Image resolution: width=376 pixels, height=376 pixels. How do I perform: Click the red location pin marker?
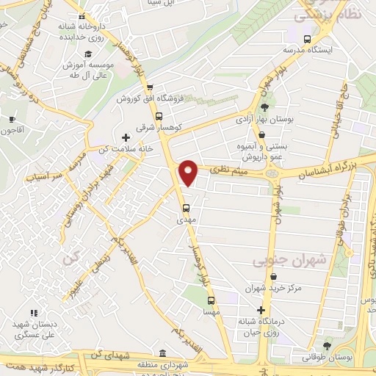click(x=189, y=172)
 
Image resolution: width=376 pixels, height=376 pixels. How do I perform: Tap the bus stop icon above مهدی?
click(x=186, y=207)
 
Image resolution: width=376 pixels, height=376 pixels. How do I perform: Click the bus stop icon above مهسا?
click(x=211, y=300)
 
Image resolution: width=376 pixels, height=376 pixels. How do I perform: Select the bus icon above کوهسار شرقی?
click(x=159, y=115)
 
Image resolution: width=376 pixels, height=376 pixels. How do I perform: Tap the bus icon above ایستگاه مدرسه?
click(x=307, y=40)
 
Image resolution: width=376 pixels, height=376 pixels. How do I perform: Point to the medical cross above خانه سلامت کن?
click(x=126, y=137)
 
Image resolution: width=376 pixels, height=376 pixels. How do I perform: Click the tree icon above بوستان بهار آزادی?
click(x=264, y=107)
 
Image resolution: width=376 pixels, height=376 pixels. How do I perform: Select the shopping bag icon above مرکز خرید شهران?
click(x=274, y=277)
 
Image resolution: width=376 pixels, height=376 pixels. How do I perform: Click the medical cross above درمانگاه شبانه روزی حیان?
click(x=260, y=310)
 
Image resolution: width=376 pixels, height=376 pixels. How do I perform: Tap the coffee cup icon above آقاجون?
click(x=12, y=120)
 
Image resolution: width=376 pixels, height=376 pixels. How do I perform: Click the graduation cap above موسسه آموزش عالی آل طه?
click(x=88, y=54)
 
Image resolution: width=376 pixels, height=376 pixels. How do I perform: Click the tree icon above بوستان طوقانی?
click(x=327, y=345)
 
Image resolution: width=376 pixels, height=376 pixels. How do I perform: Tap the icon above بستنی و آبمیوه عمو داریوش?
click(x=262, y=134)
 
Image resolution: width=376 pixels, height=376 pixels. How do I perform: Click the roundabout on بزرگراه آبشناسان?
click(x=275, y=174)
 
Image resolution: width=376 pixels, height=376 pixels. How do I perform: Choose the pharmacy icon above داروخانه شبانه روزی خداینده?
click(x=81, y=17)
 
